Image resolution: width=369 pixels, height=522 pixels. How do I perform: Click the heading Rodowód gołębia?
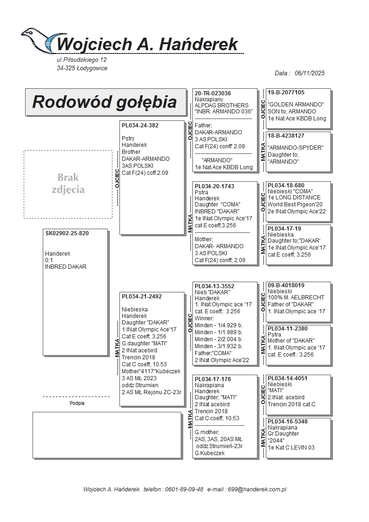coord(105,102)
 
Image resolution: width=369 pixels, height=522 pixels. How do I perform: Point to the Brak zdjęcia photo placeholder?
coord(68,184)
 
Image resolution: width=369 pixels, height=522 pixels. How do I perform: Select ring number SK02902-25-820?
coord(67,233)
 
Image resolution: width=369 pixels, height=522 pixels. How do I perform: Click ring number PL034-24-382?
coord(140,126)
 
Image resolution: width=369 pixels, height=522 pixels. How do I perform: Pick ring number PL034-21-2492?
coord(142,297)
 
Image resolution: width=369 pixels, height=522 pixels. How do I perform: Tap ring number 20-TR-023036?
coord(213,93)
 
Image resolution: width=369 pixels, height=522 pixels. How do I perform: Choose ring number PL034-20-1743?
coord(214,186)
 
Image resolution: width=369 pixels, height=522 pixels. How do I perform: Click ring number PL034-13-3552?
coord(214,286)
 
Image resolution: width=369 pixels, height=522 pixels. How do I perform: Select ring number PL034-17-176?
coord(212,379)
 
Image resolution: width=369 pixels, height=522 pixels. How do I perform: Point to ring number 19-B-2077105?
coord(286,93)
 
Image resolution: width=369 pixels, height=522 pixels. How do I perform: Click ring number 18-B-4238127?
coord(286,136)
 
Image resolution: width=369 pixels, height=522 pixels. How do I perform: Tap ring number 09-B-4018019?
coord(286,285)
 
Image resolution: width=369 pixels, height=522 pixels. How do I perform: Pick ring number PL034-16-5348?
coord(288,422)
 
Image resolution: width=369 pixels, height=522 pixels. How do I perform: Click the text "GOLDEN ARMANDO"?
coord(296,105)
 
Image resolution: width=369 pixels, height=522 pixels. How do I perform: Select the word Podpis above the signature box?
coord(77,403)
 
